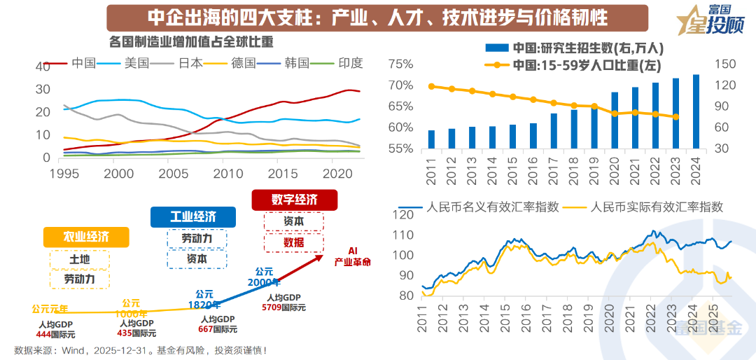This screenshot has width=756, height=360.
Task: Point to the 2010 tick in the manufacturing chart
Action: click(x=223, y=173)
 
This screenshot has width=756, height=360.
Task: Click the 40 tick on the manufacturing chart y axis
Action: click(x=43, y=66)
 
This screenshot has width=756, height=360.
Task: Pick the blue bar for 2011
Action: click(x=431, y=139)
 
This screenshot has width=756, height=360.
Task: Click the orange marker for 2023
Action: click(x=676, y=117)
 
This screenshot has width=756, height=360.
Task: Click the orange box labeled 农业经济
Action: click(x=86, y=236)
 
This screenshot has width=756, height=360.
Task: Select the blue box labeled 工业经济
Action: click(x=193, y=216)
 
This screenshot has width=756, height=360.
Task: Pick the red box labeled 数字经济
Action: click(x=294, y=200)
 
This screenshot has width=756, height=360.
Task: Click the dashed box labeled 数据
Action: click(x=294, y=242)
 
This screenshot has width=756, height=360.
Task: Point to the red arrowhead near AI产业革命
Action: click(x=320, y=257)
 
